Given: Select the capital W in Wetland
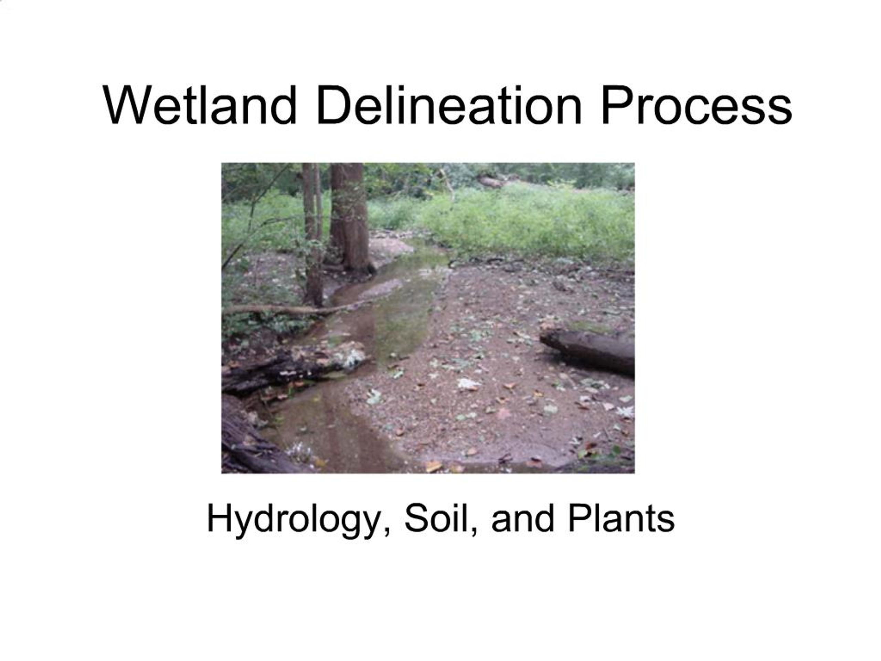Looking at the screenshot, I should coord(127,106).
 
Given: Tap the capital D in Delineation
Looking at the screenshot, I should coord(331,106).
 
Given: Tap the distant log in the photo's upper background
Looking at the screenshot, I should coord(492,182).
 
